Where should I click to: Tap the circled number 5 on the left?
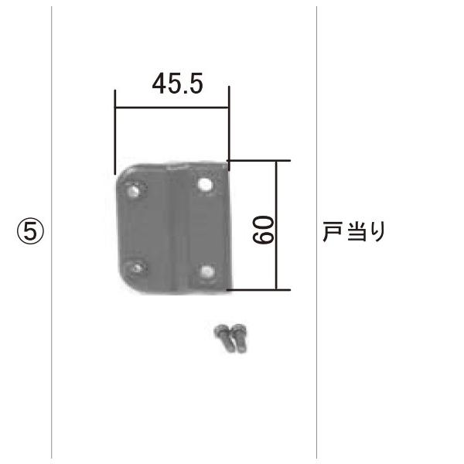pos(30,231)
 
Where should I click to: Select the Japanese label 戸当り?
pos(353,230)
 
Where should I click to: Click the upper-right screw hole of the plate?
pos(205,184)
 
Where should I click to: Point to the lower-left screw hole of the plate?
pos(138,268)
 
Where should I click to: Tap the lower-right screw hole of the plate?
pos(206,271)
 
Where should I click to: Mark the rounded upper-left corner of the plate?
pos(122,174)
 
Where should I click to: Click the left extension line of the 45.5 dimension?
pos(114,131)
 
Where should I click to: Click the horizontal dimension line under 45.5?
pos(172,107)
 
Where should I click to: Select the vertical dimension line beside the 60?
pos(275,225)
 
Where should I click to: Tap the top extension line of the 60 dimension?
pos(259,161)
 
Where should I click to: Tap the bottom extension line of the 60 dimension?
pos(259,290)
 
